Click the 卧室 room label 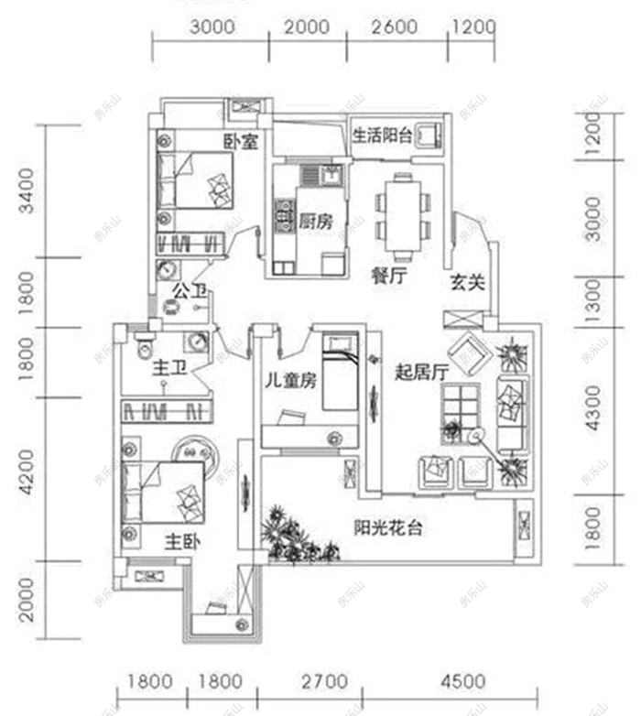pyautogui.click(x=241, y=142)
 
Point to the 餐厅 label pyautogui.click(x=389, y=276)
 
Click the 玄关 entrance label pyautogui.click(x=466, y=283)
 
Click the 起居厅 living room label pyautogui.click(x=421, y=373)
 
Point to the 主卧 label pyautogui.click(x=183, y=540)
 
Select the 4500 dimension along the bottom pyautogui.click(x=462, y=682)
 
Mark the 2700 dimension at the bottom pyautogui.click(x=324, y=682)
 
